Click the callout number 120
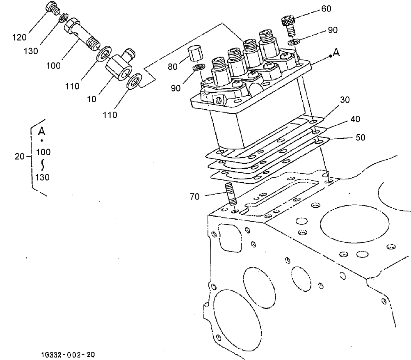19,37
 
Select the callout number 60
326,9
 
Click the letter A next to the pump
336,53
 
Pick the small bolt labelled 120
52,7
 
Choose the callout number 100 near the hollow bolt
53,65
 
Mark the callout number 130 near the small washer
30,51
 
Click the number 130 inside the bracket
43,177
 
